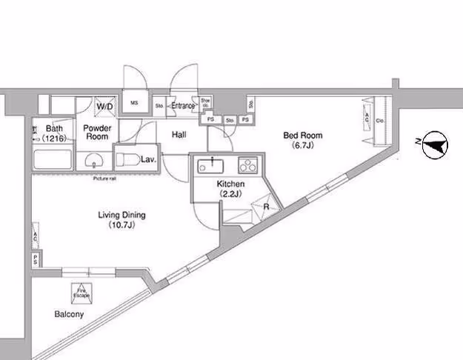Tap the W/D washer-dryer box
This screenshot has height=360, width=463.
tap(104, 106)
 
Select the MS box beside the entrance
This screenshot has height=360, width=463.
tap(136, 103)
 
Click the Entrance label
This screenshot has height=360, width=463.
tap(183, 106)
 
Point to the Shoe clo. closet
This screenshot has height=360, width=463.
tap(206, 103)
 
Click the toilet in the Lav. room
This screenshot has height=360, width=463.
tap(127, 158)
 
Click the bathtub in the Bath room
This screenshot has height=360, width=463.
tap(53, 159)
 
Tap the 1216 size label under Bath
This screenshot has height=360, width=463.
tap(53, 139)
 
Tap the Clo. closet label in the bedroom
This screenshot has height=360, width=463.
tap(379, 120)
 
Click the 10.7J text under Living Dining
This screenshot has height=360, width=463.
tap(122, 224)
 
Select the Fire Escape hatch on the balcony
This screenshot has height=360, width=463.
tap(81, 292)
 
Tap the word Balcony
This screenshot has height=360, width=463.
tap(69, 314)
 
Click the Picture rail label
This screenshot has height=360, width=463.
tap(104, 178)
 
